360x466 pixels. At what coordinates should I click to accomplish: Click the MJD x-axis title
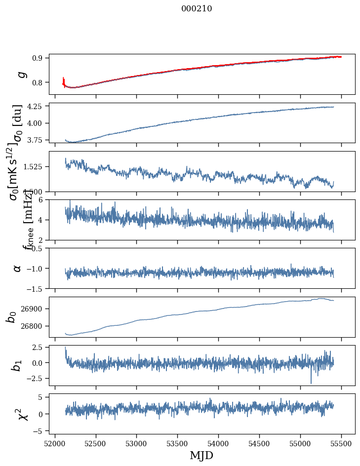[201, 455]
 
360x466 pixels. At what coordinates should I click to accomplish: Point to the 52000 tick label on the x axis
[55, 443]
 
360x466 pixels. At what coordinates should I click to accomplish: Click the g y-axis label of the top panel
[21, 74]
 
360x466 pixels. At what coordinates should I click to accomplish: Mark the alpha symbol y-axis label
[18, 268]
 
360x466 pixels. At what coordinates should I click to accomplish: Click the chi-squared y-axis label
[22, 414]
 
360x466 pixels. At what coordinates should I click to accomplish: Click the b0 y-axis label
[12, 316]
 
